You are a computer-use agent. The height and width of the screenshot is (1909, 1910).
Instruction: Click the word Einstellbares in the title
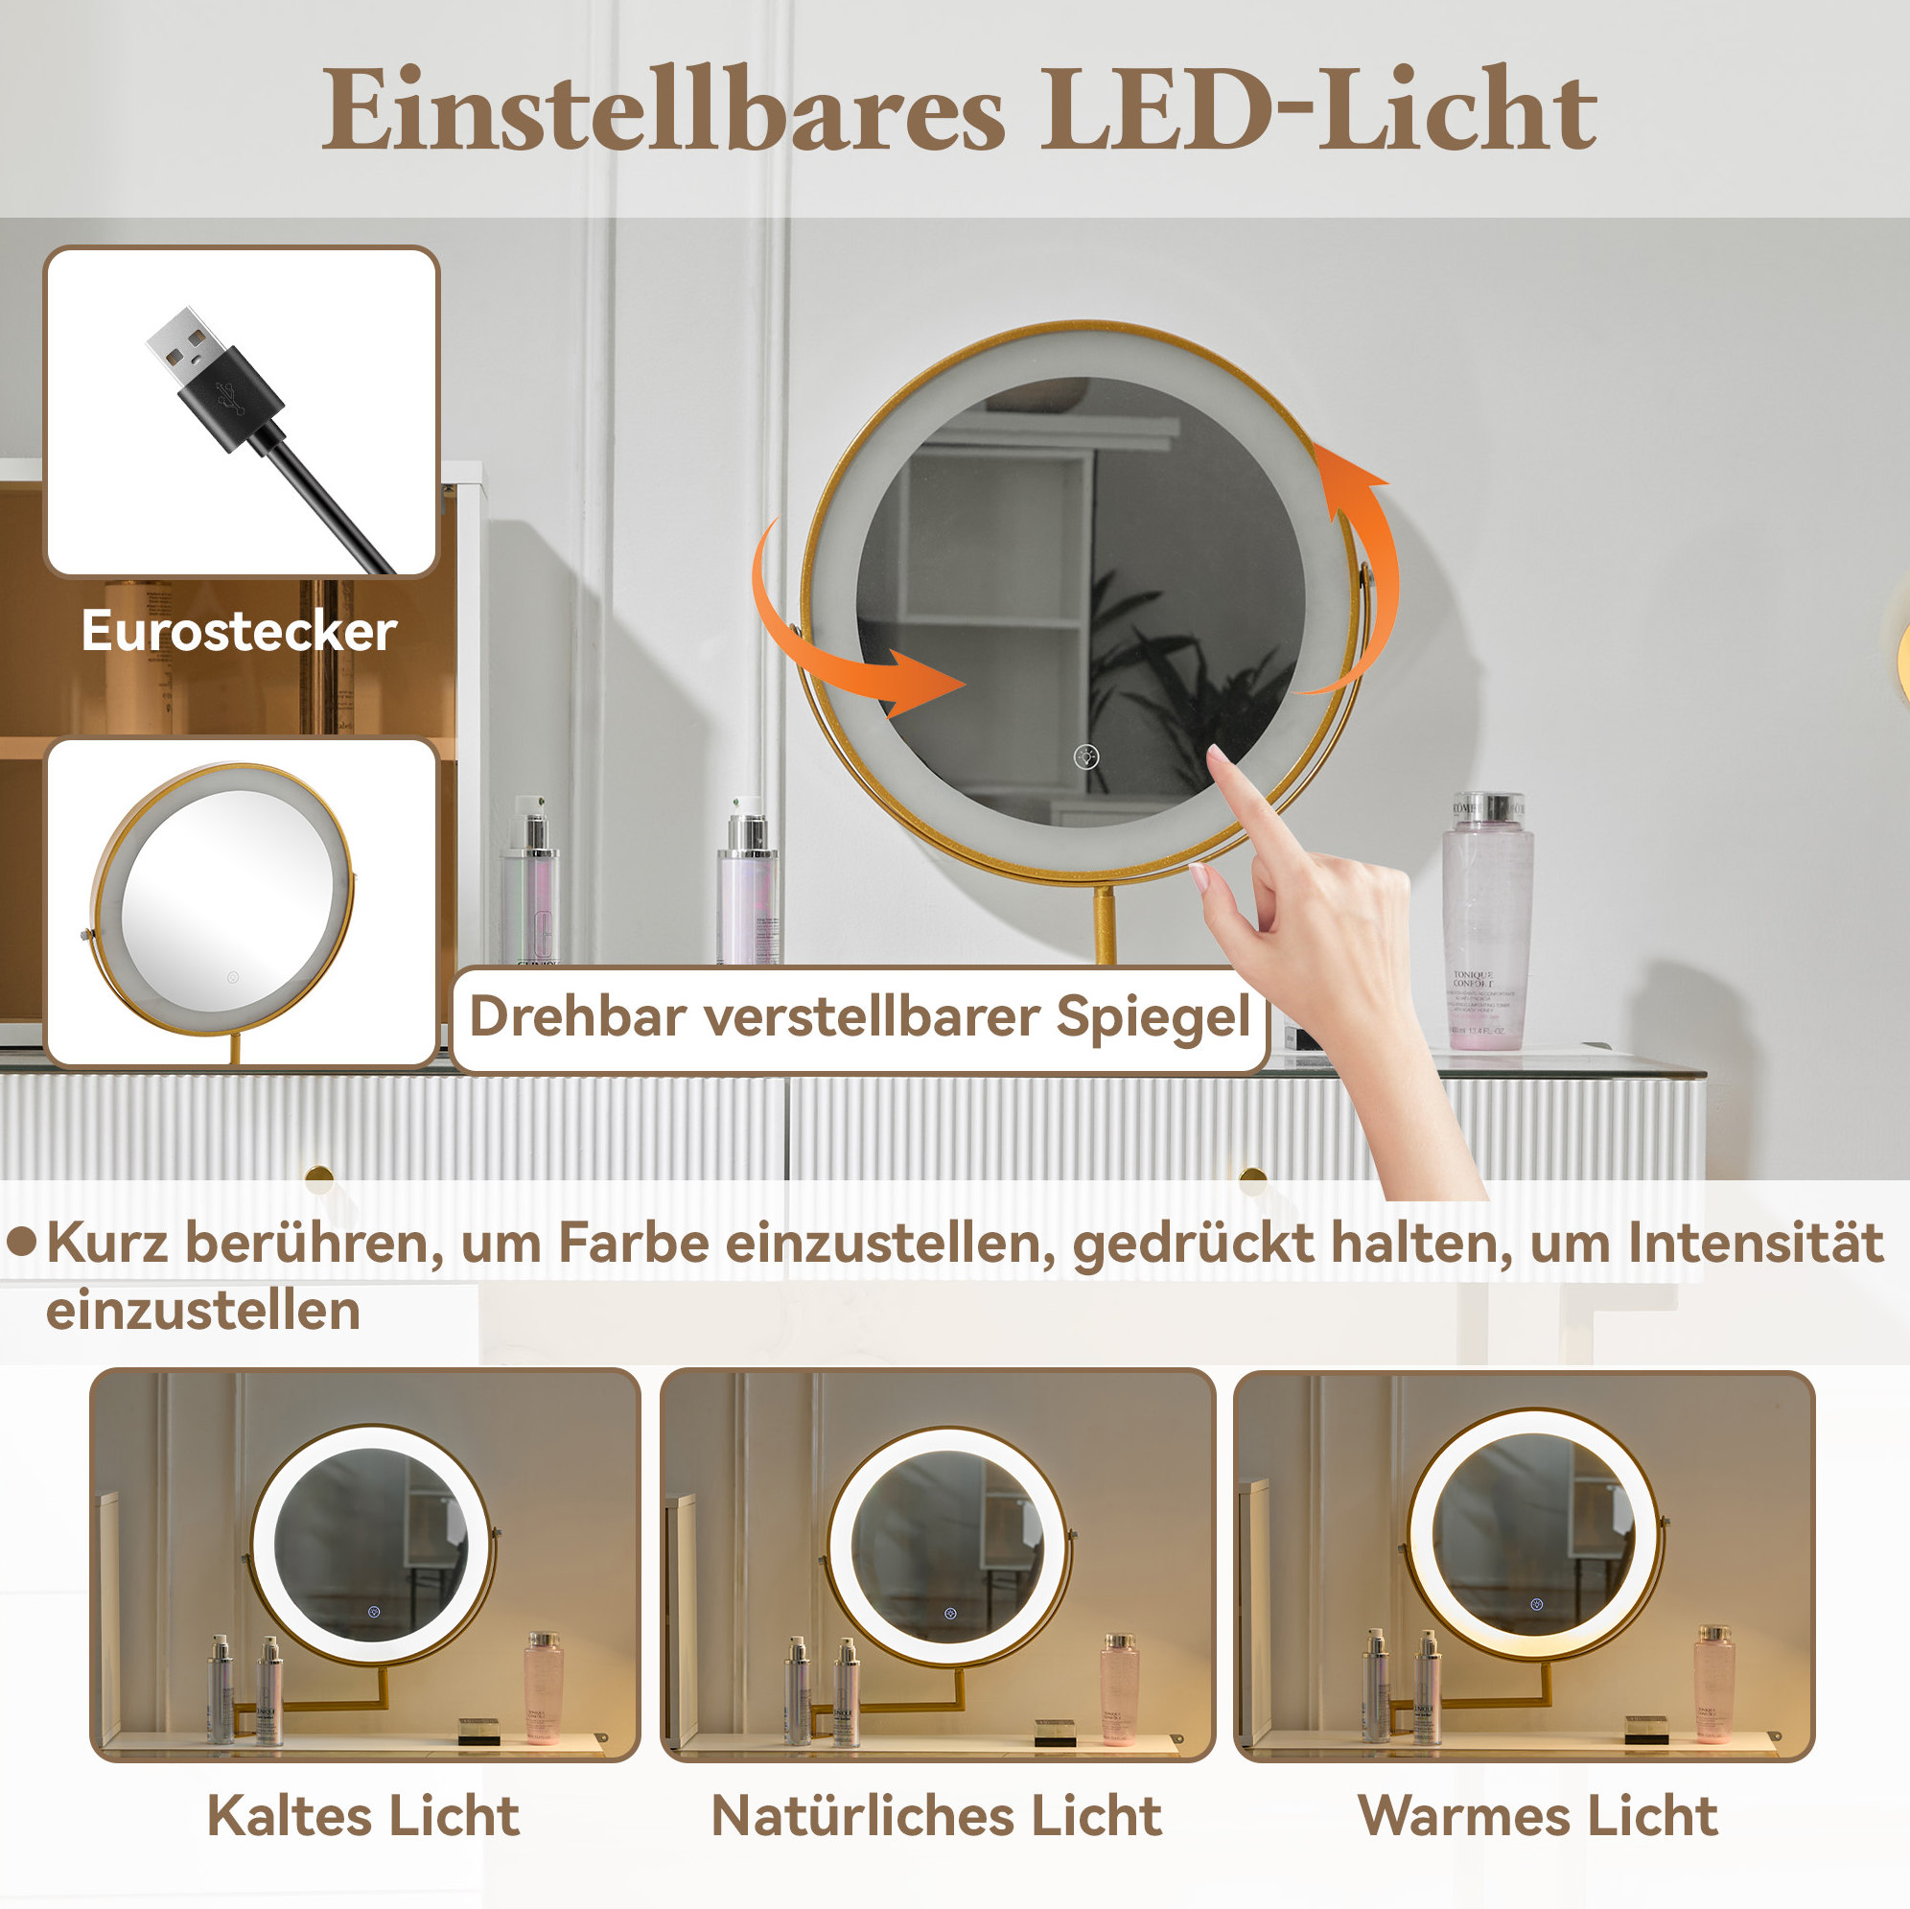[663, 108]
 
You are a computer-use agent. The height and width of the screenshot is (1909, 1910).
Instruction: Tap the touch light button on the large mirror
[1085, 757]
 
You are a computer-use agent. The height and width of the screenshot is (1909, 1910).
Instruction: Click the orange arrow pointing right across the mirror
[850, 642]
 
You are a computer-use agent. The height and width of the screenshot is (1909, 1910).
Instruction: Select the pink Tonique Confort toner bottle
[1487, 920]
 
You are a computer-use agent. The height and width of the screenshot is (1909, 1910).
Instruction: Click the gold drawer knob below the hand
[1252, 1177]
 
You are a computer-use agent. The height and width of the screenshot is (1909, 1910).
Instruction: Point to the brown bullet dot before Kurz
[22, 1242]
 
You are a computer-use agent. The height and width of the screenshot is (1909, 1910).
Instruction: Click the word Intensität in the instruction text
[1756, 1242]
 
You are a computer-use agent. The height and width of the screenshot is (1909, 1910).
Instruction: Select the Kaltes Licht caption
[362, 1815]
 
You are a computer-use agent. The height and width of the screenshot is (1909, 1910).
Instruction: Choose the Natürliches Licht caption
[936, 1815]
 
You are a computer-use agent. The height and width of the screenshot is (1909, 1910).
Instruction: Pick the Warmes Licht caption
[1538, 1815]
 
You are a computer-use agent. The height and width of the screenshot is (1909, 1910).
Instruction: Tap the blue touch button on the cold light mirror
[374, 1613]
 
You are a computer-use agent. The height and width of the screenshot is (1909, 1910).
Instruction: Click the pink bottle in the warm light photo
[1713, 1685]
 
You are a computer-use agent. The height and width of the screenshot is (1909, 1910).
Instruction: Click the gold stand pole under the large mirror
[1106, 925]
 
